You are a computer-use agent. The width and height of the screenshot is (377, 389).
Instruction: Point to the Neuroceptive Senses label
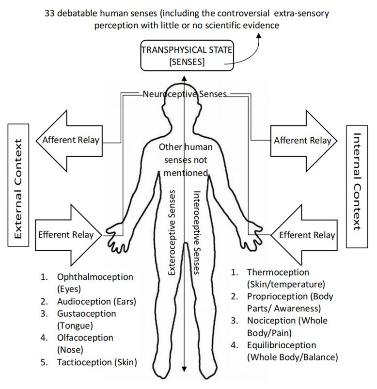(x=185, y=94)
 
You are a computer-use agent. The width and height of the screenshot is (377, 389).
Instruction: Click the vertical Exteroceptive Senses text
(x=172, y=232)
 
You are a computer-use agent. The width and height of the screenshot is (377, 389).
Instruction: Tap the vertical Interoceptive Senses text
(x=197, y=232)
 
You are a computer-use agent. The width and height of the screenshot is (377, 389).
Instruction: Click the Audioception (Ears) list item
(x=96, y=301)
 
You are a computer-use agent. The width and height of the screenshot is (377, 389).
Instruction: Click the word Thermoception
(x=278, y=272)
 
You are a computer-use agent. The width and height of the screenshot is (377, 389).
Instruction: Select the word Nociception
(x=271, y=321)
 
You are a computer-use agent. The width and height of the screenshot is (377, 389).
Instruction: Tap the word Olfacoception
(x=85, y=337)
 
